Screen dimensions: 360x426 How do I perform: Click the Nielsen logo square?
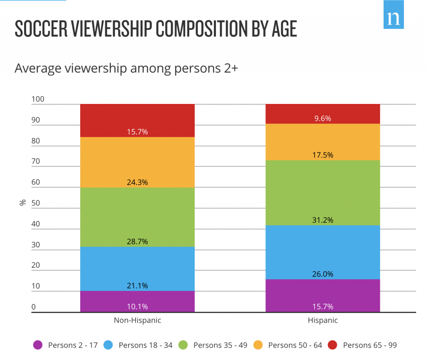coord(393,15)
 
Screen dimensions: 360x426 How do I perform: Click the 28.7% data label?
coord(137,242)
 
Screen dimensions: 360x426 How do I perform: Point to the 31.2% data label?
coord(322,220)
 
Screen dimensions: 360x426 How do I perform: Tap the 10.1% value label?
coord(137,307)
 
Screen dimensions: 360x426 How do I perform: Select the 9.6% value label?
coord(322,118)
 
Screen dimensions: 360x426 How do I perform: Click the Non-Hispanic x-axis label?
coord(137,321)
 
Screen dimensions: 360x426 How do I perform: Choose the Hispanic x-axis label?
coord(322,321)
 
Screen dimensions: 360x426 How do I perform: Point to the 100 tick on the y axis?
coord(37,99)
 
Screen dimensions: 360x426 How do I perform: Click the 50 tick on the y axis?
coord(36,203)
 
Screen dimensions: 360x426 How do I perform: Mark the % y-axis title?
coord(22,203)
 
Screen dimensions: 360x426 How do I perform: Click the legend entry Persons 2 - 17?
coord(66,345)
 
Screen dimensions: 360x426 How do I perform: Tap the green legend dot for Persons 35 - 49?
coord(183,345)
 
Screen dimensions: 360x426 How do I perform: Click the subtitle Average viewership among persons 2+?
coord(126,68)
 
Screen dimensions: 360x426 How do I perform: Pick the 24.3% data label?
coord(137,182)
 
